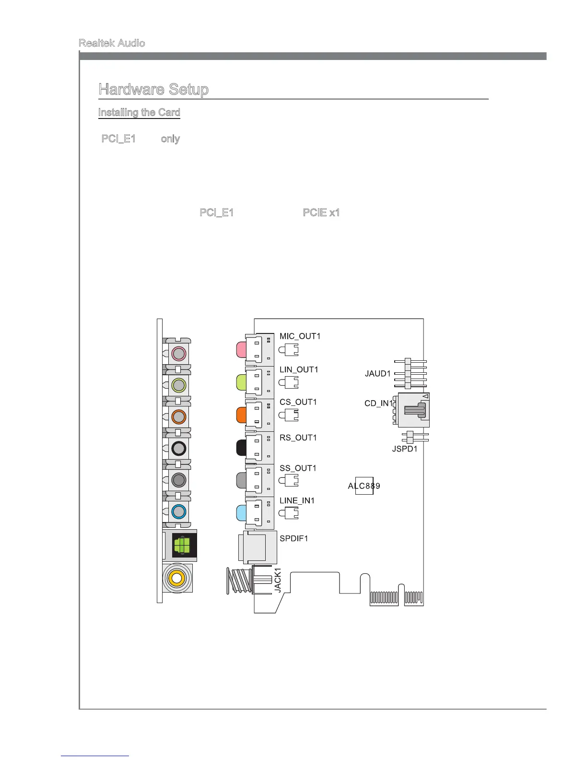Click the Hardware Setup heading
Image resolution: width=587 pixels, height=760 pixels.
click(x=153, y=89)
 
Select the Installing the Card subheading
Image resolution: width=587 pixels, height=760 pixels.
click(x=139, y=112)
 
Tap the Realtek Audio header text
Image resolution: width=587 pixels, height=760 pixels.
click(x=112, y=43)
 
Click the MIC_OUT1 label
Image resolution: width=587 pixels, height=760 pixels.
click(x=300, y=336)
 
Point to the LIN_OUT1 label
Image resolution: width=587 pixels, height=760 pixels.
click(x=299, y=369)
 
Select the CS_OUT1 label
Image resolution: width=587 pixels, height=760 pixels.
click(x=298, y=402)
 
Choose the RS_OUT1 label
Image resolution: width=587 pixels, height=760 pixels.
click(x=298, y=438)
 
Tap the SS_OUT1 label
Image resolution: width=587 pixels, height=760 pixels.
click(x=298, y=468)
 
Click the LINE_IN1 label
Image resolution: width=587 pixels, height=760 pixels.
click(x=297, y=501)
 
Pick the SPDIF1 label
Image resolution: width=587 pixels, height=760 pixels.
click(x=293, y=538)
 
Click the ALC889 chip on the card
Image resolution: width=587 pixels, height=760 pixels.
click(x=364, y=486)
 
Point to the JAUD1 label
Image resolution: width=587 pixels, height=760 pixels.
click(x=377, y=374)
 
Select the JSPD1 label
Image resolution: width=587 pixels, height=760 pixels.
click(x=404, y=449)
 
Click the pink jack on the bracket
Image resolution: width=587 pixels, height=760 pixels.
click(x=178, y=354)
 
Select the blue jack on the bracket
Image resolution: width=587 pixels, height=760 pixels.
click(x=178, y=511)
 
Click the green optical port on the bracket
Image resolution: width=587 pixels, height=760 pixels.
click(x=182, y=546)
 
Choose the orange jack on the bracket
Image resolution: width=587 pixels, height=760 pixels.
click(x=178, y=416)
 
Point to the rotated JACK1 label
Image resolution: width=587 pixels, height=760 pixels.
click(x=278, y=580)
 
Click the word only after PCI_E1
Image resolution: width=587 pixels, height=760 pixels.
click(x=170, y=139)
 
